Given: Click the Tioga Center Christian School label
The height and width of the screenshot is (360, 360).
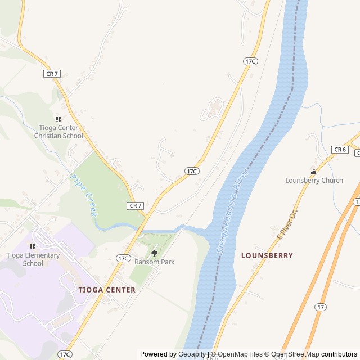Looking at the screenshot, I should pos(58,132).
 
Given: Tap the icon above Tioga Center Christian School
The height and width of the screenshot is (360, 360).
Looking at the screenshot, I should pos(58,119).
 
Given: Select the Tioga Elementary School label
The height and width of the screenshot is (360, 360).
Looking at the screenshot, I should pos(33,259).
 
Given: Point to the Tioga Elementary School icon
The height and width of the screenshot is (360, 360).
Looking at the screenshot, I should pos(33,246).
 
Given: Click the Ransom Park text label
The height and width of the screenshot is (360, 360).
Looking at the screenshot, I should pos(154,262).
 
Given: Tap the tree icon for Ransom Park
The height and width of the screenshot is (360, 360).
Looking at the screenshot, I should pos(154,253).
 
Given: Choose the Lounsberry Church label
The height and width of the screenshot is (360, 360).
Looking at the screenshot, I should pos(314,181).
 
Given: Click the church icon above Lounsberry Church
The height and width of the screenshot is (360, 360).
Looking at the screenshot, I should pos(314,172).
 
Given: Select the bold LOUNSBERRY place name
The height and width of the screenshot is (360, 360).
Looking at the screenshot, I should pos(267,255).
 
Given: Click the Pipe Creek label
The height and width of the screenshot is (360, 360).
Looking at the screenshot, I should pos(83,195).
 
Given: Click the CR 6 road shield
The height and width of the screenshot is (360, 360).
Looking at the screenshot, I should pos(340,149).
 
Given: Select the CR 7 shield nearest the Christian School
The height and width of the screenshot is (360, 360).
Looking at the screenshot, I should pos(52,74).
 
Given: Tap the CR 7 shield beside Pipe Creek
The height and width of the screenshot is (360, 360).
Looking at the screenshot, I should pos(136,206).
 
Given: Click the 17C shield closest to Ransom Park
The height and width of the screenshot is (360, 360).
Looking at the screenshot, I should pos(124,258).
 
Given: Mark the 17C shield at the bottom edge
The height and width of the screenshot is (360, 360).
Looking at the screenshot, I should pos(65,354).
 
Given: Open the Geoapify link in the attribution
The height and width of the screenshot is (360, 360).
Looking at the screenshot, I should pos(192,354).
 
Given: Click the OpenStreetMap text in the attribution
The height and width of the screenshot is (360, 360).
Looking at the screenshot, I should pos(292,354).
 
